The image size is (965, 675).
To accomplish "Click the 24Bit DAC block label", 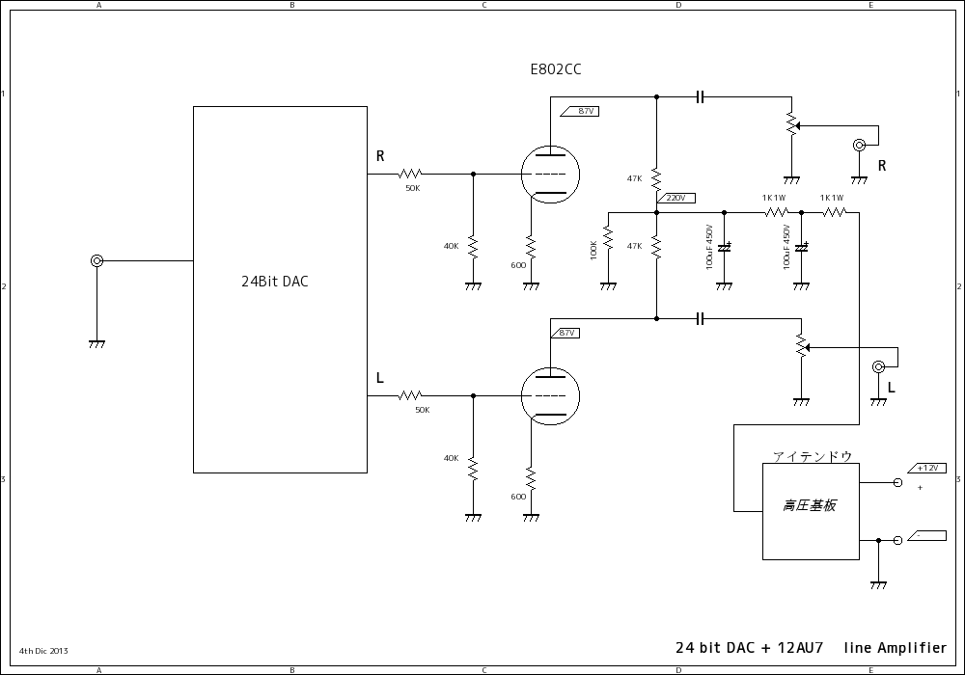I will click(x=275, y=283).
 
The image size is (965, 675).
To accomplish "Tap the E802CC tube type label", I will click(x=556, y=69).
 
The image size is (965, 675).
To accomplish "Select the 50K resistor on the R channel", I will click(x=411, y=175).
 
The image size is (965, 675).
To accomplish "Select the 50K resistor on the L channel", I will click(x=411, y=395).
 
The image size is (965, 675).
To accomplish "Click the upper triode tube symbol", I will click(x=550, y=175).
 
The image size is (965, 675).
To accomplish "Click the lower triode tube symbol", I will click(x=550, y=395).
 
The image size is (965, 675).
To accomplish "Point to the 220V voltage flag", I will click(x=675, y=198).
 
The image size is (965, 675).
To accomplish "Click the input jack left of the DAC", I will click(x=96, y=260).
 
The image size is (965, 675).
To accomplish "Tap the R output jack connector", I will click(x=859, y=146).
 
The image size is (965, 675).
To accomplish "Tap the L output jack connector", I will click(x=878, y=366).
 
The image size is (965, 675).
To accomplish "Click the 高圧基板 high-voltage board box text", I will click(x=809, y=505).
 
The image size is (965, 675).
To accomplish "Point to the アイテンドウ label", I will click(x=812, y=455).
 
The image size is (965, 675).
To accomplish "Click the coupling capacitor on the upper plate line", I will click(x=702, y=96).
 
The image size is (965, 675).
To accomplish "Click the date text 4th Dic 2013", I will click(x=43, y=651).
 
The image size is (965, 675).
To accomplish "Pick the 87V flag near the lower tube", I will click(x=566, y=333).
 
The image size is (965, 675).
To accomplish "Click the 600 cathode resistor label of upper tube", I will click(x=518, y=264).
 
